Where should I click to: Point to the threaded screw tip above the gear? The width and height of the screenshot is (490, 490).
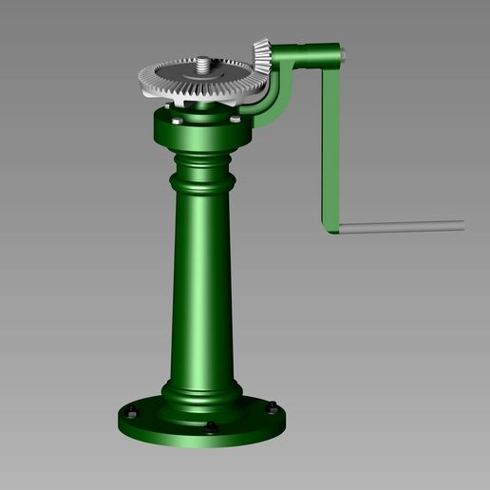(202, 66)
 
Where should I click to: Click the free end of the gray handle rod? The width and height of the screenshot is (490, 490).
(461, 224)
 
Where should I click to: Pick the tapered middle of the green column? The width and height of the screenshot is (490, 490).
(202, 285)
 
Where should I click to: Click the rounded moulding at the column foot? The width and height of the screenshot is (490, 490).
(201, 391)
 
